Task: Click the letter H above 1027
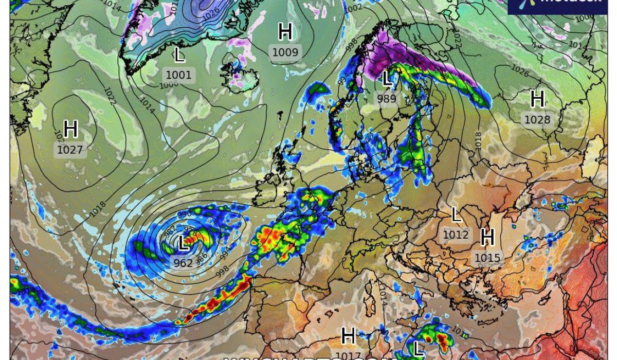tap(70, 129)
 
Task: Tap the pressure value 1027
tap(70, 150)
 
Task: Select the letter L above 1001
tap(179, 54)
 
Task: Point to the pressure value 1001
tap(178, 75)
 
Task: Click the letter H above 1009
tap(285, 32)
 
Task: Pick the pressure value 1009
tap(285, 52)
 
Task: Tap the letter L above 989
tap(387, 79)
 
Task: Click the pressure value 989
tap(387, 99)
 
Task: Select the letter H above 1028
tap(537, 99)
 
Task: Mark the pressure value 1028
tap(537, 120)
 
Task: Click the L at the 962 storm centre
tap(183, 243)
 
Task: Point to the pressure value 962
tap(183, 263)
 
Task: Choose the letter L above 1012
tap(456, 215)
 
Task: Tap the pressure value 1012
tap(456, 235)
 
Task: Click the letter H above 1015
tap(487, 238)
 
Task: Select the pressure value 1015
tap(487, 258)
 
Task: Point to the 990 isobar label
tap(184, 214)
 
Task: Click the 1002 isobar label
tap(353, 8)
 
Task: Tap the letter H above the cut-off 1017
tap(348, 336)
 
